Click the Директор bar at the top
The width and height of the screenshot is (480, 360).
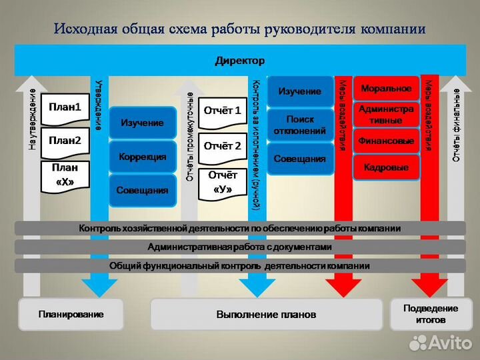(x=240, y=61)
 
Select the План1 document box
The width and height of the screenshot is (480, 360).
(x=65, y=107)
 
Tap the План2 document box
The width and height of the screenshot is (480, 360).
(x=65, y=141)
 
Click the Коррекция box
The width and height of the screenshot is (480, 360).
(x=142, y=157)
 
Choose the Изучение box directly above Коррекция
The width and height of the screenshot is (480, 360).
(x=142, y=123)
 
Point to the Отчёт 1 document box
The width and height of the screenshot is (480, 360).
(x=222, y=111)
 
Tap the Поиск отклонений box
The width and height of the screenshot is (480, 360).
(x=300, y=125)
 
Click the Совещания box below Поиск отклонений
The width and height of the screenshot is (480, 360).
(x=300, y=159)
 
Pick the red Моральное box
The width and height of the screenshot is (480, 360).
(x=386, y=89)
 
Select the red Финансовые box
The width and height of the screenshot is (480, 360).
(x=386, y=141)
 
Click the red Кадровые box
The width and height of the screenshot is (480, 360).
(x=386, y=167)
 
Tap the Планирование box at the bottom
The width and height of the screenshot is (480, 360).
(x=71, y=314)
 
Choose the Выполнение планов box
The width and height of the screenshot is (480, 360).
(x=267, y=314)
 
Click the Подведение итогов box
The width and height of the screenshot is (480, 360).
(x=432, y=314)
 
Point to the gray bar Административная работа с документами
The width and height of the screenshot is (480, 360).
(x=240, y=247)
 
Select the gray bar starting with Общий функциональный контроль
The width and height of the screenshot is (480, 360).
(x=240, y=265)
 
